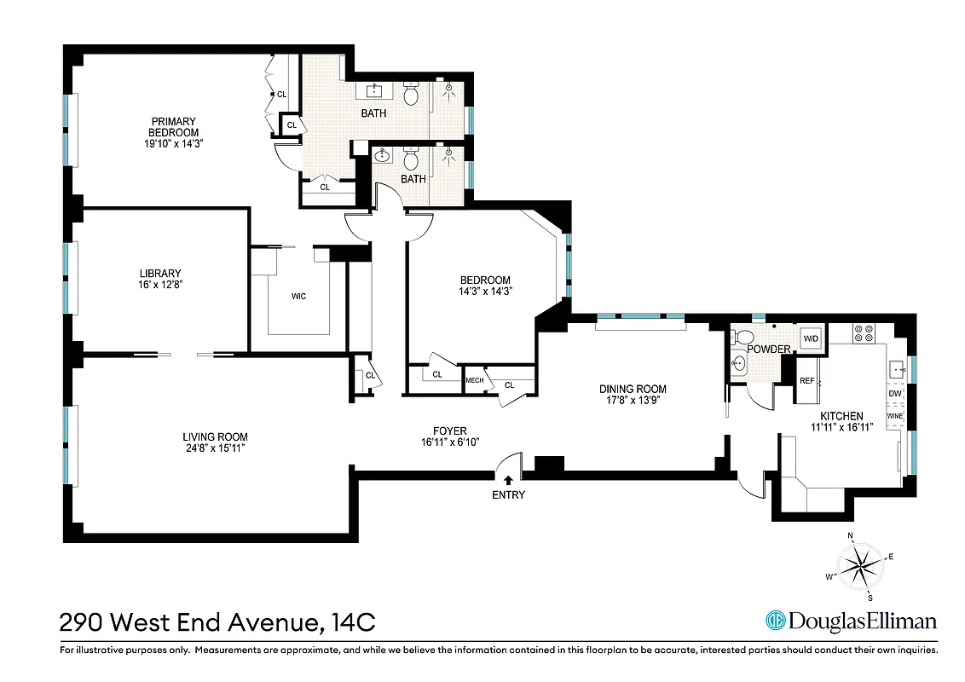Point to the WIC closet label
298,297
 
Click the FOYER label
450,431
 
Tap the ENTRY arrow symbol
509,481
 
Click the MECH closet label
474,380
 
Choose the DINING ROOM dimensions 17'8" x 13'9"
632,401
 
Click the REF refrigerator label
806,381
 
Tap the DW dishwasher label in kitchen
894,393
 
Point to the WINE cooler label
894,415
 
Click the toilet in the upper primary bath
411,94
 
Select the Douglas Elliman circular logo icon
775,621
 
